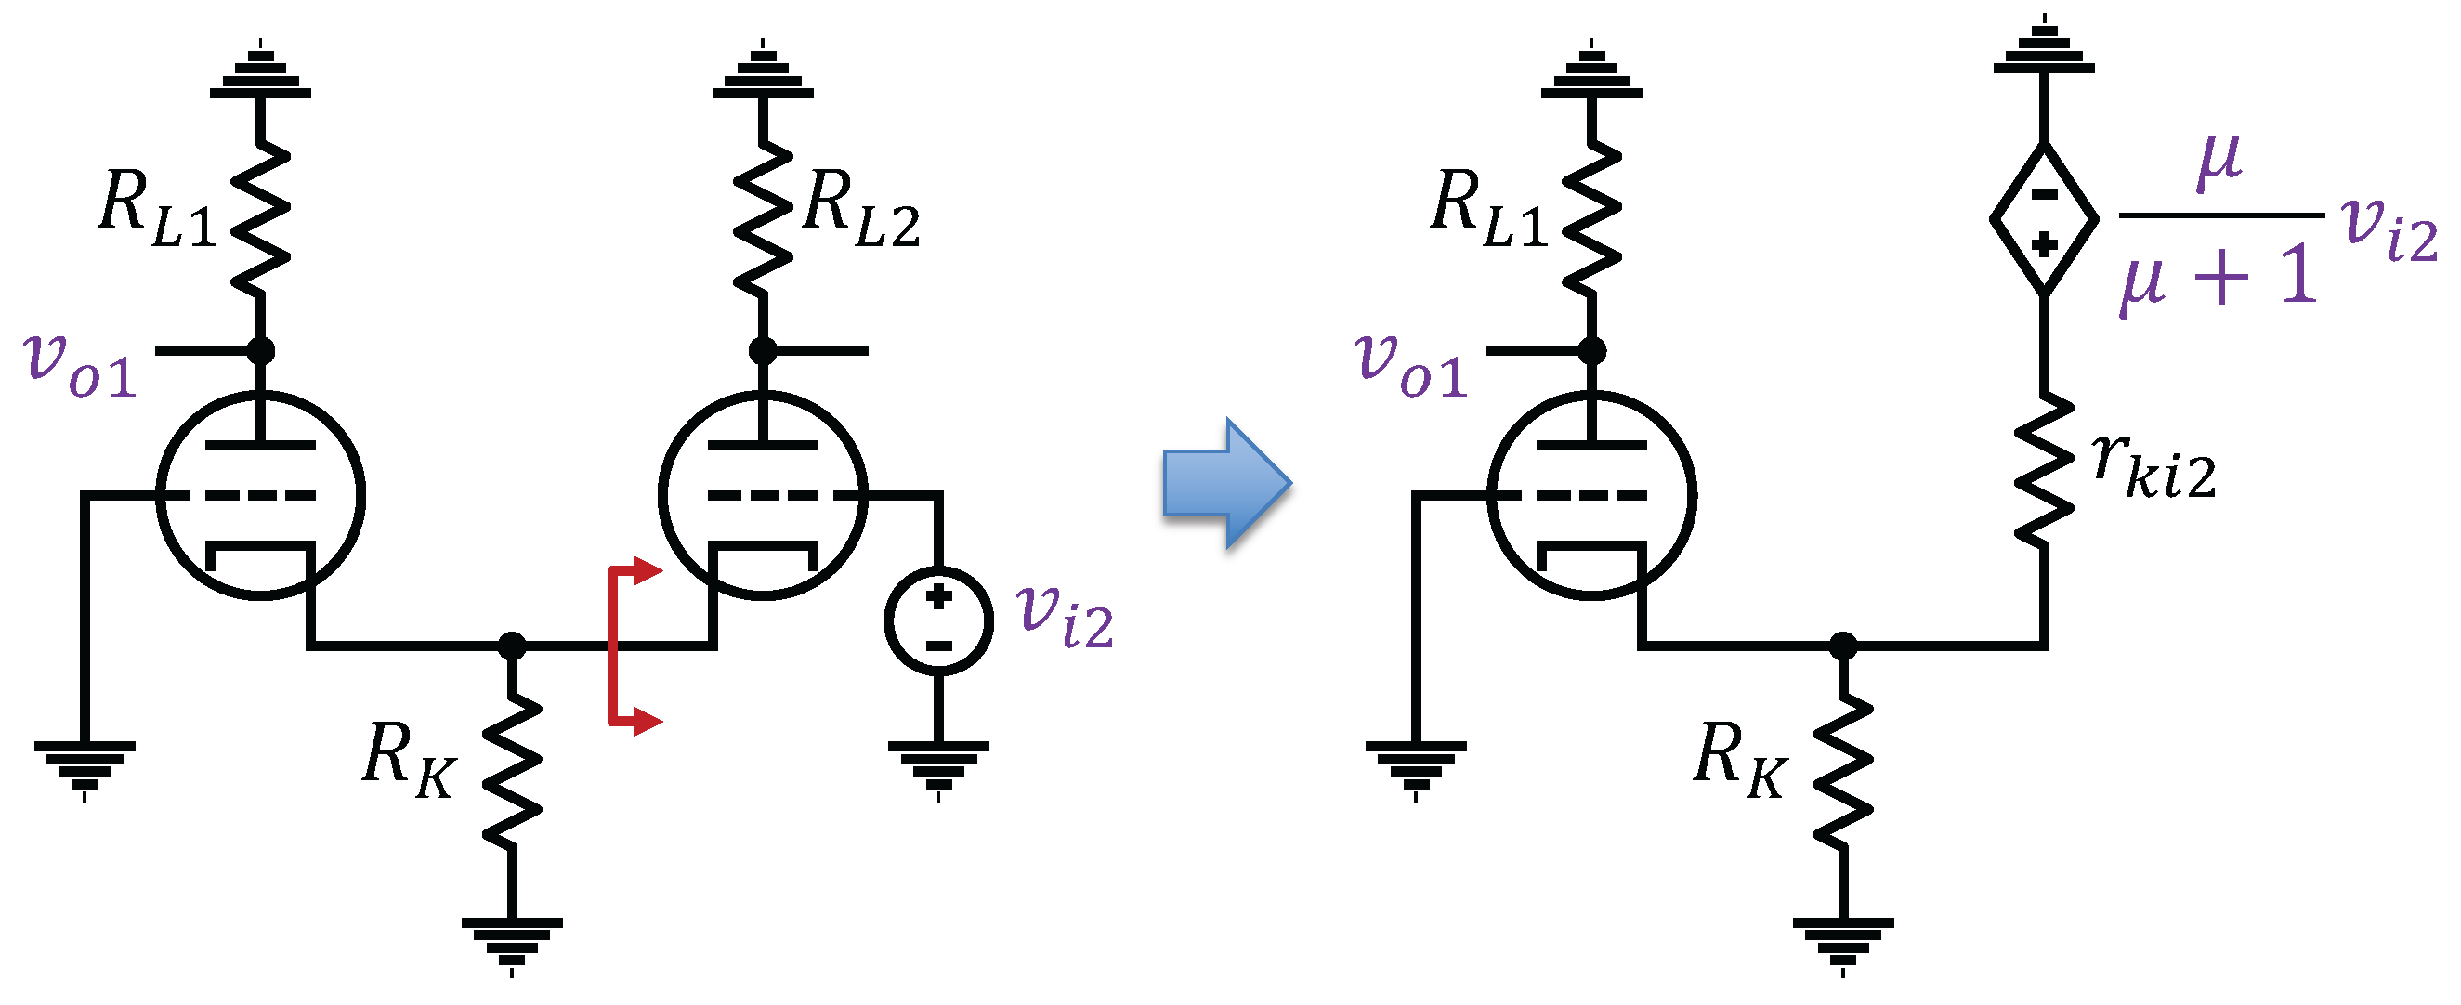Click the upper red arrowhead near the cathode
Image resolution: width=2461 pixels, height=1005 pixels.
pyautogui.click(x=648, y=571)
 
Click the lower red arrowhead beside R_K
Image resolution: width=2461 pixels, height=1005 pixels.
pyautogui.click(x=648, y=722)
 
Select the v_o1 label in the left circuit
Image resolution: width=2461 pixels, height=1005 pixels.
pyautogui.click(x=80, y=365)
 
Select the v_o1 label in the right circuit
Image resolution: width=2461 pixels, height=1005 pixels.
pyautogui.click(x=1411, y=365)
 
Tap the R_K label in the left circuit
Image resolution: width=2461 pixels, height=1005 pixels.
pyautogui.click(x=409, y=761)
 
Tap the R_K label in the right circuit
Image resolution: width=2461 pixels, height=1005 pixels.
pyautogui.click(x=1739, y=761)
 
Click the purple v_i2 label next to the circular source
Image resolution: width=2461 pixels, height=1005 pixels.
pyautogui.click(x=1065, y=616)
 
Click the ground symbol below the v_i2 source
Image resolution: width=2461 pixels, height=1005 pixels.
pyautogui.click(x=938, y=764)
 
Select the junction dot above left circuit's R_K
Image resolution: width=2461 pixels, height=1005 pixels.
pyautogui.click(x=512, y=646)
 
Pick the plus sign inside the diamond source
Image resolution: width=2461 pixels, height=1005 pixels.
pyautogui.click(x=2044, y=245)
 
